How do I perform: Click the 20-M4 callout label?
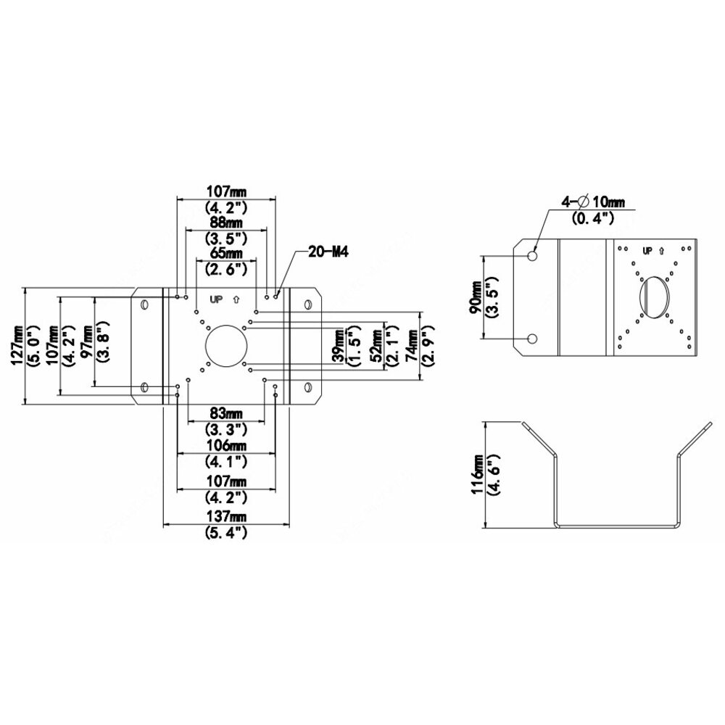(328, 252)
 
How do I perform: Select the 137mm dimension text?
(226, 516)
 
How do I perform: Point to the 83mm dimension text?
(225, 413)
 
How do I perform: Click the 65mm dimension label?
(226, 253)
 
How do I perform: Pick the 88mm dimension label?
(226, 223)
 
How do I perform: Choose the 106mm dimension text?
(226, 446)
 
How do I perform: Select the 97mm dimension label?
(86, 341)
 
